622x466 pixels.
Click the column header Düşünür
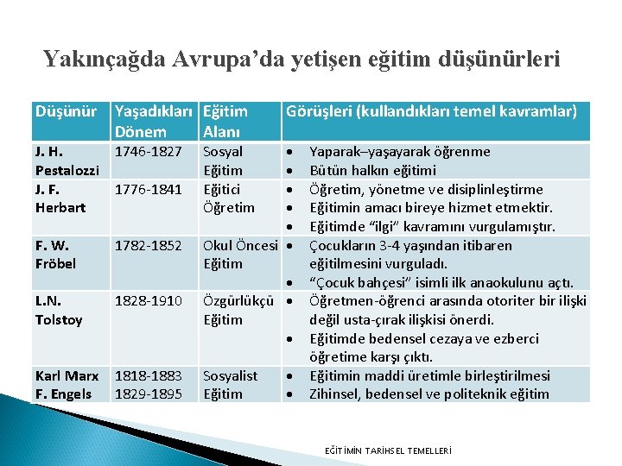click(67, 111)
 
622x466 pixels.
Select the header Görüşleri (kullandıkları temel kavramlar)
click(431, 111)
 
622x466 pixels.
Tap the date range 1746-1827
click(149, 152)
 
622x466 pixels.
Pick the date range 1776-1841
click(149, 189)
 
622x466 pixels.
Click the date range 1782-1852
click(149, 245)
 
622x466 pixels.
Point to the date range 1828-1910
click(149, 301)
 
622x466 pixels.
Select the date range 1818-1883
click(149, 376)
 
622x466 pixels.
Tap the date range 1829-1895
click(149, 394)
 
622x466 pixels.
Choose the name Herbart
click(60, 207)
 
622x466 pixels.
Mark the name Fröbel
click(56, 263)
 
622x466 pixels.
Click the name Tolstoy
click(59, 319)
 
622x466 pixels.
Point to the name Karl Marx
click(67, 376)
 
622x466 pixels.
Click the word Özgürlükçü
click(238, 301)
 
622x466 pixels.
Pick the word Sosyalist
click(230, 376)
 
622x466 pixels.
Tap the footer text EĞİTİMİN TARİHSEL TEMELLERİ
click(387, 450)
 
